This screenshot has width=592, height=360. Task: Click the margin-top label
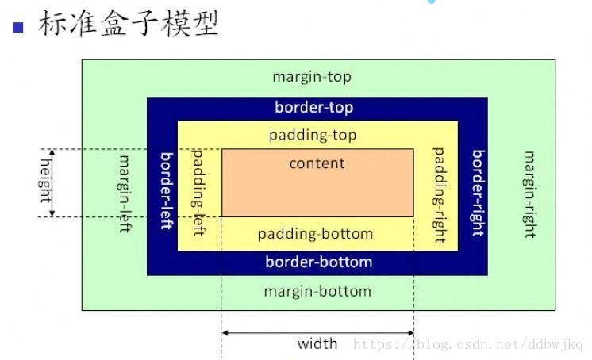(311, 77)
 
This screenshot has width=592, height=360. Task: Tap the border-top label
(313, 107)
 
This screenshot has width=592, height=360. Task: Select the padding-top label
(313, 135)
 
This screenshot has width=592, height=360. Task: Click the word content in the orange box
(317, 163)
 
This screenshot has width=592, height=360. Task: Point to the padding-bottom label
(315, 234)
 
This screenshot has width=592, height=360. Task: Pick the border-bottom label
(318, 262)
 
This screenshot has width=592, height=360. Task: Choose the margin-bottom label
(317, 291)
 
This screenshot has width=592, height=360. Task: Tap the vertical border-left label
(167, 190)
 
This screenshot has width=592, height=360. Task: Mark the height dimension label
(44, 179)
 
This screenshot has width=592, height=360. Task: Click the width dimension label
(317, 344)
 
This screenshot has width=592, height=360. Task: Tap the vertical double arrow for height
(53, 182)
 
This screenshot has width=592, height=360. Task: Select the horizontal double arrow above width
(317, 332)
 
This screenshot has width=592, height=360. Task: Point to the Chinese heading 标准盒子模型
(127, 24)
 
